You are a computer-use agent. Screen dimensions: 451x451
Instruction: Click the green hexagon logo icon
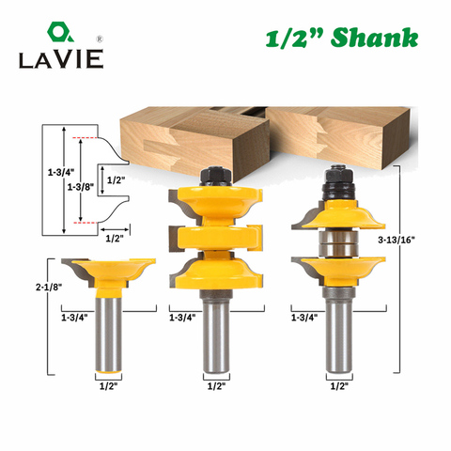60,32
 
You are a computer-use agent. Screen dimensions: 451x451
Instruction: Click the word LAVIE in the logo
61,59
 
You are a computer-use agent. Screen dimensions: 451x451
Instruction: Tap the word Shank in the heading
374,38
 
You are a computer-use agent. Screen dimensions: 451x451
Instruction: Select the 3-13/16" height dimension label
397,241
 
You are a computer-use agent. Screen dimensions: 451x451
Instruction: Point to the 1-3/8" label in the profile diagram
81,187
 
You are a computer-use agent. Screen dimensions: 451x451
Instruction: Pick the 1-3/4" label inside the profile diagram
61,172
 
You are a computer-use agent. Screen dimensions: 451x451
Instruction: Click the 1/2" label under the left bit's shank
108,386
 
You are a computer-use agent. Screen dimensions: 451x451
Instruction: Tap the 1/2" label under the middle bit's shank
216,386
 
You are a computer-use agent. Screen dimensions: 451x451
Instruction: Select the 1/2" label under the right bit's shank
339,386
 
